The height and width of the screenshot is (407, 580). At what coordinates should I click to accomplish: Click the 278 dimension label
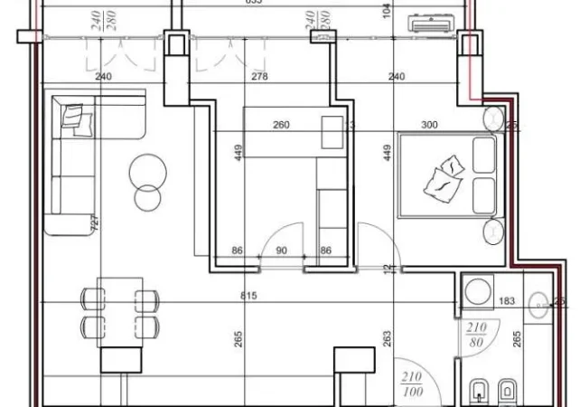(x=260, y=78)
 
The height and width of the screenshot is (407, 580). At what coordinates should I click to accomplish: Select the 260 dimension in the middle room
(x=281, y=126)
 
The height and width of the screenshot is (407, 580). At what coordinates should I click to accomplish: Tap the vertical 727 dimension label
(x=94, y=222)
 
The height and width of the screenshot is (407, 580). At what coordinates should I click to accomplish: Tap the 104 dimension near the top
(x=388, y=11)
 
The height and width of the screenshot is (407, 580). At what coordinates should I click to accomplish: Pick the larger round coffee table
(x=146, y=168)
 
